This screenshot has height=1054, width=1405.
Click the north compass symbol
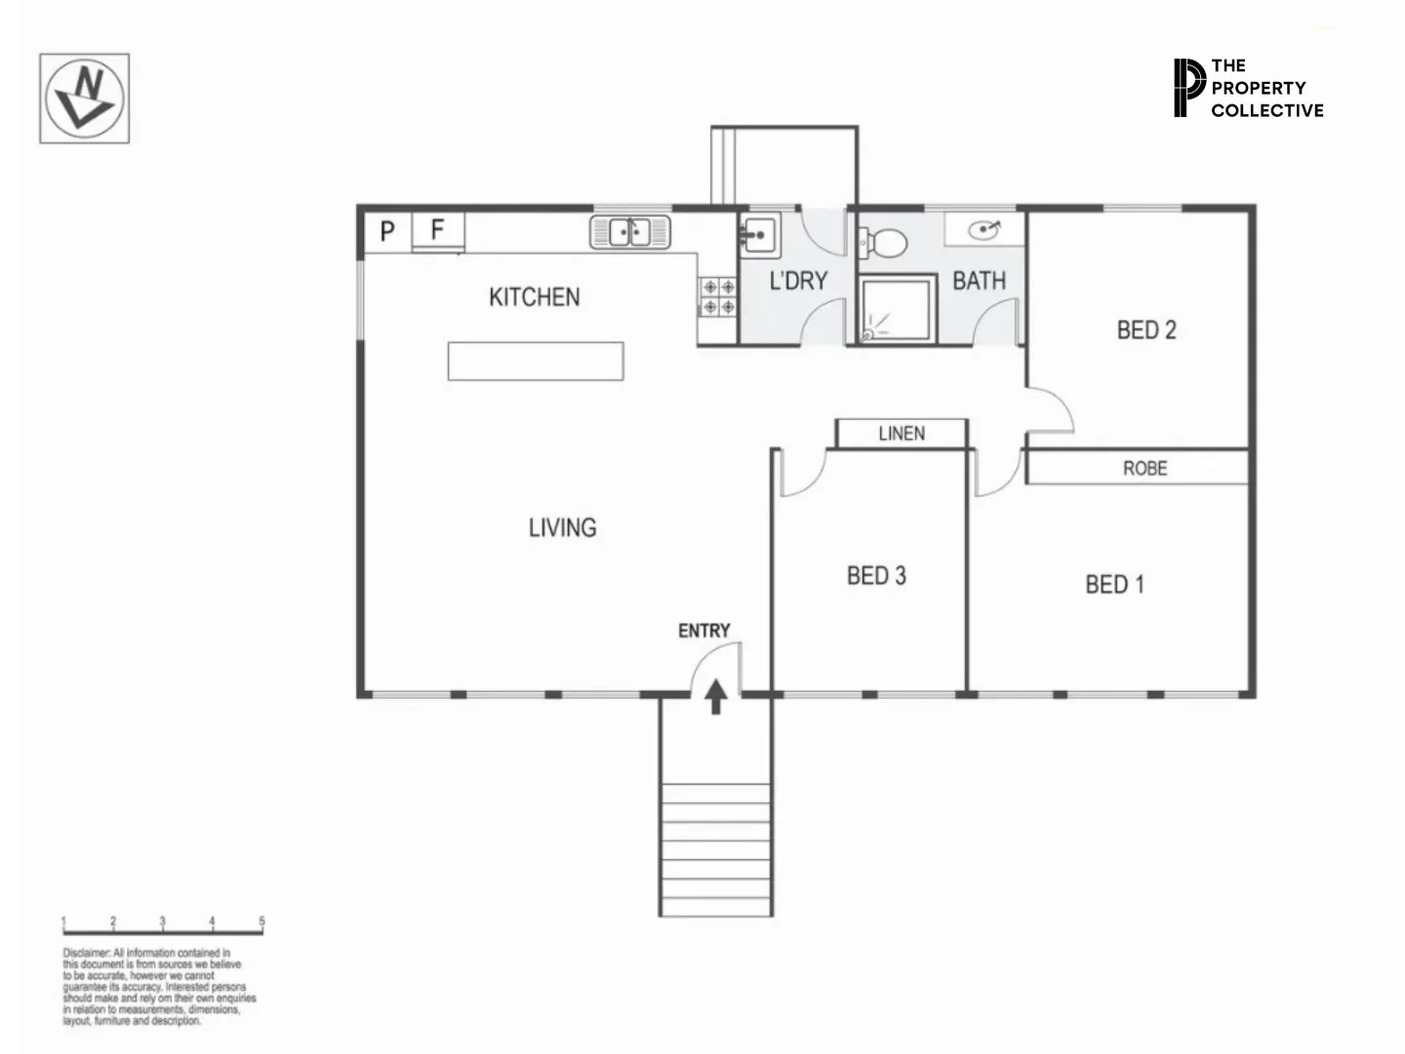[x=84, y=99]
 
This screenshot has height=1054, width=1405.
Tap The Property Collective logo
[x=1248, y=88]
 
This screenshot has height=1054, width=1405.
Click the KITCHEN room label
[x=534, y=297]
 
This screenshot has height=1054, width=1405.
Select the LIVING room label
[x=562, y=528]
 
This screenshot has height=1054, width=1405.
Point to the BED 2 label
[x=1146, y=330]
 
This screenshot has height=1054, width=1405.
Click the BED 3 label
[x=876, y=576]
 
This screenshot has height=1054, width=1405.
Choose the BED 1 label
[x=1114, y=585]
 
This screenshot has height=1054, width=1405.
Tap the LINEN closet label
[x=902, y=433]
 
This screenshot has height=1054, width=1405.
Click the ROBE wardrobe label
[x=1144, y=468]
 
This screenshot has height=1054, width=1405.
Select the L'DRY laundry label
[x=798, y=281]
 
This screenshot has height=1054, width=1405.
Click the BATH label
[x=979, y=281]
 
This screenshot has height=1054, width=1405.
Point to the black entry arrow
[x=716, y=697]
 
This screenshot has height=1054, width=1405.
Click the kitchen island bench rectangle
[x=536, y=360]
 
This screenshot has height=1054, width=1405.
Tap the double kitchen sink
[x=630, y=232]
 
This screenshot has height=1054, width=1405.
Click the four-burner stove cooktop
[x=719, y=298]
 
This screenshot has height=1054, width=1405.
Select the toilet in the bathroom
[x=884, y=242]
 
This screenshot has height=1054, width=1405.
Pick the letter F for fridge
[x=437, y=230]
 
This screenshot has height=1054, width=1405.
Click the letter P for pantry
[x=387, y=231]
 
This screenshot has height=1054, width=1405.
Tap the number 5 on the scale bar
[x=261, y=921]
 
